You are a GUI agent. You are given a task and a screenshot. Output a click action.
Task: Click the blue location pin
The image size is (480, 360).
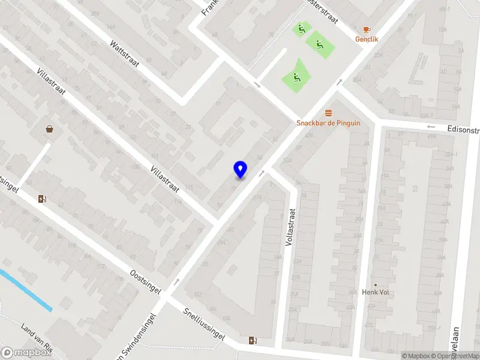[x=240, y=169]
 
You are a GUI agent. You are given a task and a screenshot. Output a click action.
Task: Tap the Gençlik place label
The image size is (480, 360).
[x=367, y=38]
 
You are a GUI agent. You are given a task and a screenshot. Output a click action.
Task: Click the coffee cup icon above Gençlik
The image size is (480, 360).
[x=367, y=29]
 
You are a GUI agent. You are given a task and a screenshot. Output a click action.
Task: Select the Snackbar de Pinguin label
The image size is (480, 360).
[x=328, y=123]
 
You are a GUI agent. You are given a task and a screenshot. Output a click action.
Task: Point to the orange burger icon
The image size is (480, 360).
[x=328, y=113]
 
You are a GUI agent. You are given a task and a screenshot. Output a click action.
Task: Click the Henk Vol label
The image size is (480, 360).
[x=376, y=292]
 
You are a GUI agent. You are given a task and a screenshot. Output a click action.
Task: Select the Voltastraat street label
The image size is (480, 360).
[x=293, y=230]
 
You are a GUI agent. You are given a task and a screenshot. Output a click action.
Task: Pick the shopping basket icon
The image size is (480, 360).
[x=49, y=128]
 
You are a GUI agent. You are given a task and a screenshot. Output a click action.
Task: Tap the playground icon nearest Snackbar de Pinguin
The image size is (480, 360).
[x=295, y=76]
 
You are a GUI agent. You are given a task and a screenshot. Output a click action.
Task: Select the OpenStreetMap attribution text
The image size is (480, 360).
[x=455, y=356]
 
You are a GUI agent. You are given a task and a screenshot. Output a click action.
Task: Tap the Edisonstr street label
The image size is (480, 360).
[x=463, y=129]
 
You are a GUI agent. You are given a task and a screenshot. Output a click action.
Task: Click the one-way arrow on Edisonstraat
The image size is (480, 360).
[x=430, y=127]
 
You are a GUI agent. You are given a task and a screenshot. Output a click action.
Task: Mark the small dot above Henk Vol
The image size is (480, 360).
[x=376, y=285]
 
